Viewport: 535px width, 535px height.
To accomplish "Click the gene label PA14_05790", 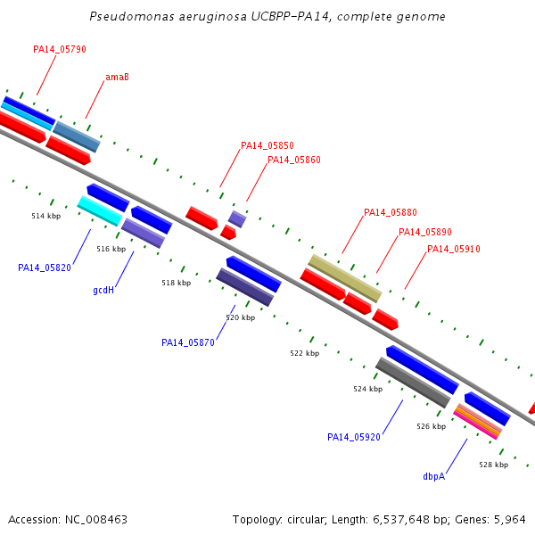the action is (60, 49).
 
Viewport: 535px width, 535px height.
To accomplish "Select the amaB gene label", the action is (117, 77).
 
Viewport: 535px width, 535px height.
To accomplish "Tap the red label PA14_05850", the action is (267, 145).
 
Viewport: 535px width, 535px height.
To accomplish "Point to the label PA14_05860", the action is (293, 160).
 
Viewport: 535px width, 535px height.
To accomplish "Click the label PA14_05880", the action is (391, 212).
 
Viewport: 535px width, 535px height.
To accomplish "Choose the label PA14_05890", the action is (425, 233).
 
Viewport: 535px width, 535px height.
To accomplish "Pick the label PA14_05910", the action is (454, 249).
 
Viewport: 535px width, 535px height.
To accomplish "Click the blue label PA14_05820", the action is (45, 267).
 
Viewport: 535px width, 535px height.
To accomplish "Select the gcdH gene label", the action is (103, 291).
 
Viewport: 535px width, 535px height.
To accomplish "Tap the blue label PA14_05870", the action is (188, 342).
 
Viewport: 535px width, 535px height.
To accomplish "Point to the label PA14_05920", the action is (354, 437).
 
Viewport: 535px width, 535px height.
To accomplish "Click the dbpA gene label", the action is (434, 477).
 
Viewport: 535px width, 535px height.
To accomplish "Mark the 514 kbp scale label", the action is (46, 216).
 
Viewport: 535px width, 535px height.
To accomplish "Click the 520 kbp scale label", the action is (241, 317).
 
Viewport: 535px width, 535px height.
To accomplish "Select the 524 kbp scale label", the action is (367, 389).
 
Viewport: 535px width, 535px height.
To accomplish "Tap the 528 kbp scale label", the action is (493, 465).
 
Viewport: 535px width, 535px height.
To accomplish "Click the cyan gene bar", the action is (100, 210).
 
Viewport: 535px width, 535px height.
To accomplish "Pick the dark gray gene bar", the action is (413, 383).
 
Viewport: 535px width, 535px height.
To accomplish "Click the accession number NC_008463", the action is (96, 520).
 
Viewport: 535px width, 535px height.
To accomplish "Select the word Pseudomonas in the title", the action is (132, 16).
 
